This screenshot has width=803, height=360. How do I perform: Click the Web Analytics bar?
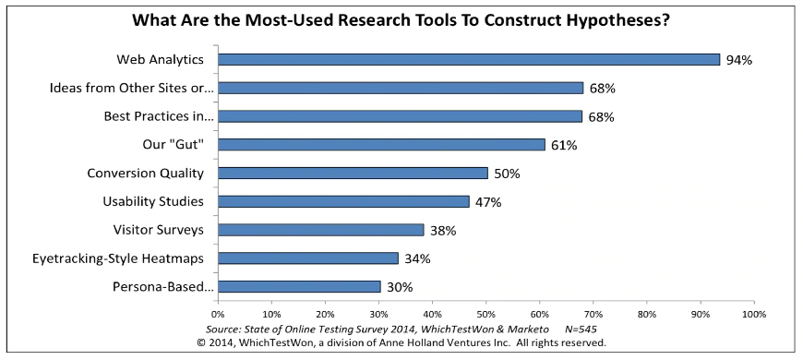468,60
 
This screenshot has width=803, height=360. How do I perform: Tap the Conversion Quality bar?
353,173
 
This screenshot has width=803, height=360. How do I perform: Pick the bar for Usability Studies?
343,201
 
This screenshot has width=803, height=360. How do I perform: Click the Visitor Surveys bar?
320,230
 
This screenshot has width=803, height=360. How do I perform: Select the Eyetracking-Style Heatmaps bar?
308,258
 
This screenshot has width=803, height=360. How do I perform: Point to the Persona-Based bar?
298,286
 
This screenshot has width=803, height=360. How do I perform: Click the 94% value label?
739,60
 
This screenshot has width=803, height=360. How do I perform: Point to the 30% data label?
399,287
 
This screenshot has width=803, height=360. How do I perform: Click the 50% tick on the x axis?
485,314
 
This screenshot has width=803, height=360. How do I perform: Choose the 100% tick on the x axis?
753,314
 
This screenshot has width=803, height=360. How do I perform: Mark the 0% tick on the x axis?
218,314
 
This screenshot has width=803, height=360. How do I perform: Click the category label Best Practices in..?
160,117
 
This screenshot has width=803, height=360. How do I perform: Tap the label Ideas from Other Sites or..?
131,89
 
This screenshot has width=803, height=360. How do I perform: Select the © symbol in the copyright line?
203,342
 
